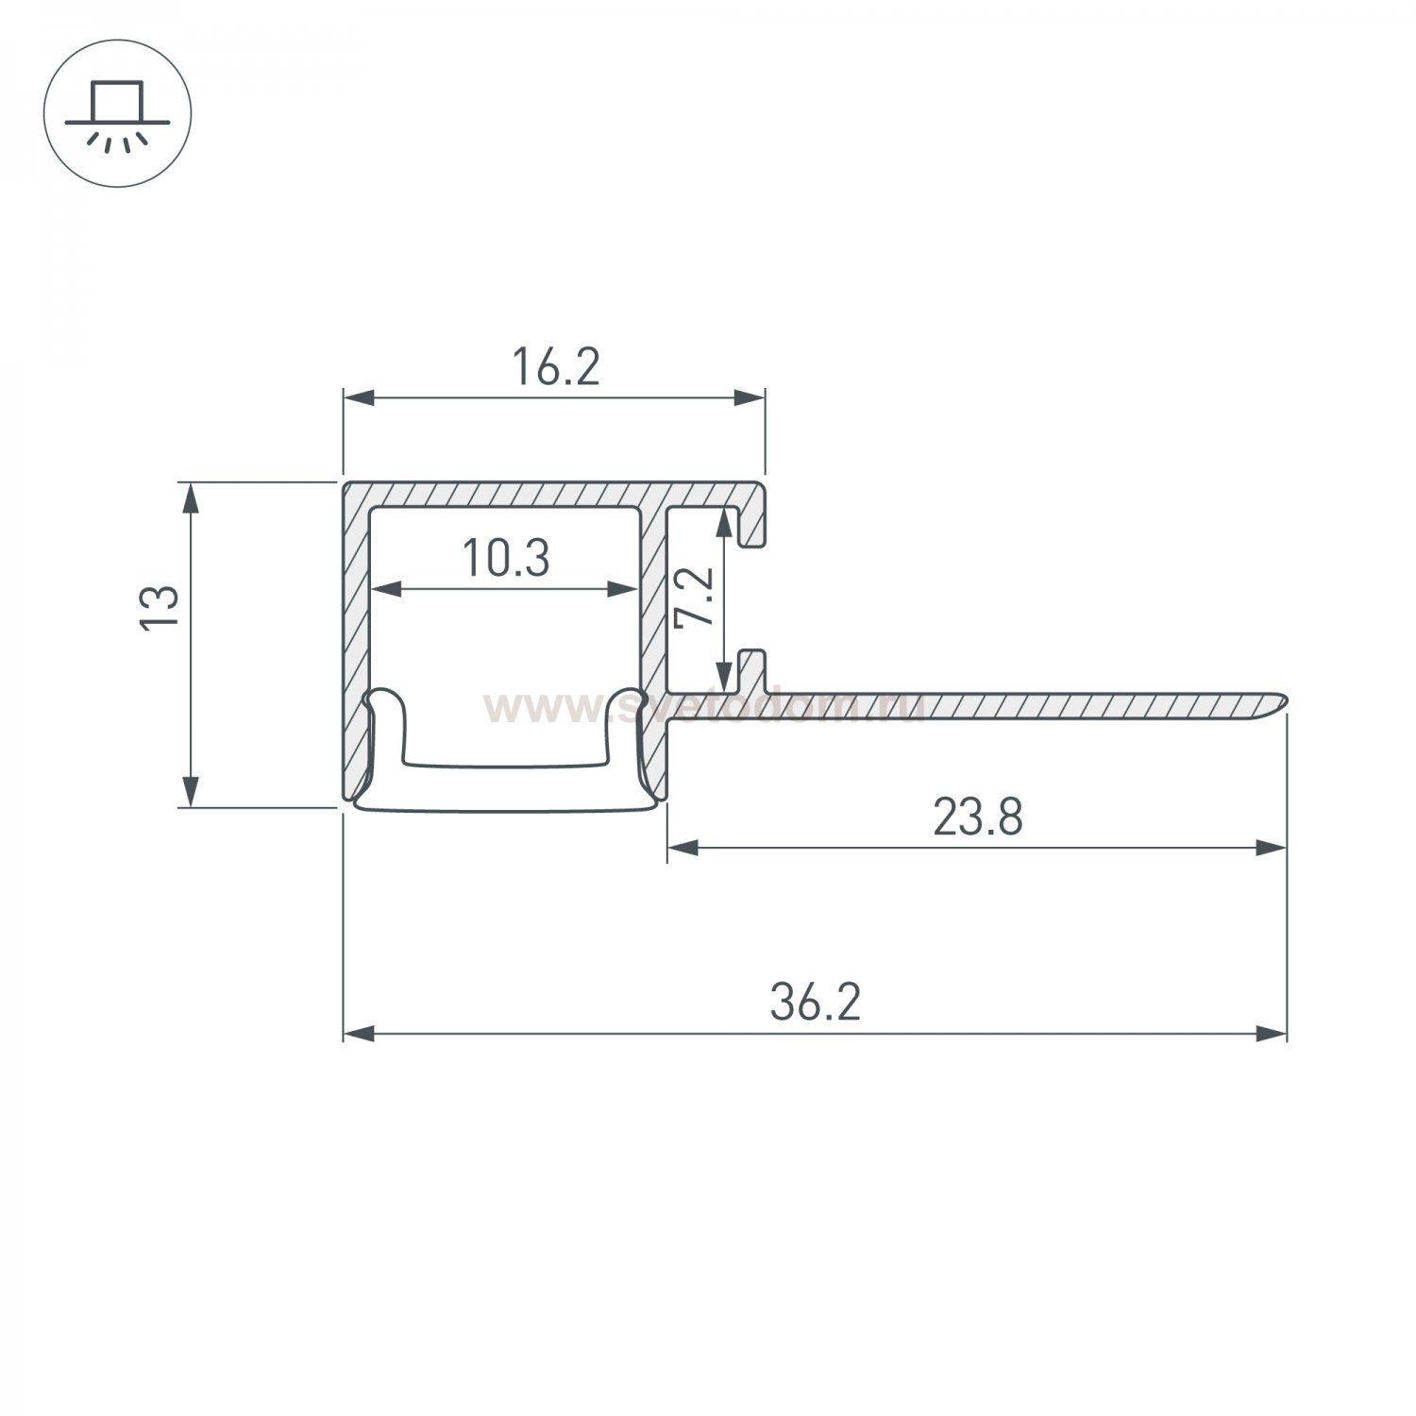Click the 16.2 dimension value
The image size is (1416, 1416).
click(555, 367)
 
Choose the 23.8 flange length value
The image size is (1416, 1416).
click(977, 818)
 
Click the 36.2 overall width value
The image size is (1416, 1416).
click(815, 1003)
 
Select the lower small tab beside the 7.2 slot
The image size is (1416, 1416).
click(751, 666)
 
